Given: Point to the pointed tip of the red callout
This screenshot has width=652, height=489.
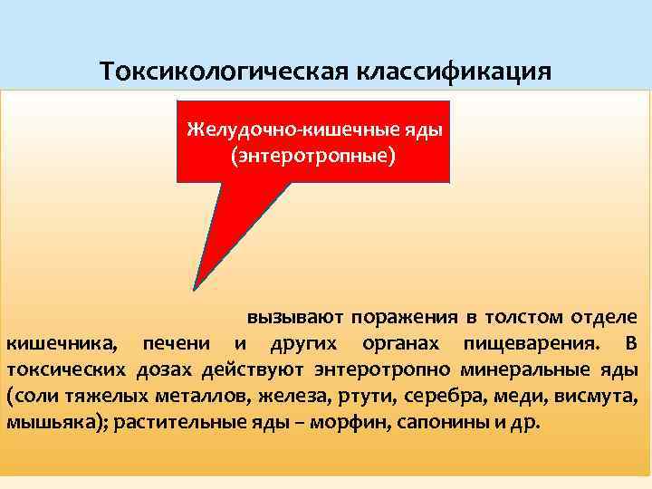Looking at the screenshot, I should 195,290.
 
